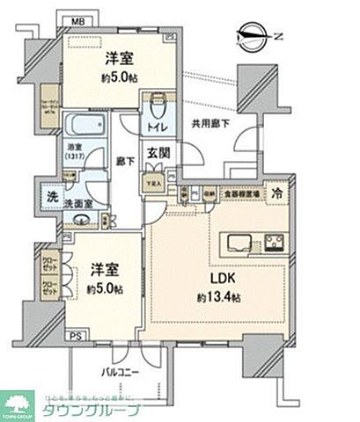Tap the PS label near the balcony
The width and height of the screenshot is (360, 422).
point(77,336)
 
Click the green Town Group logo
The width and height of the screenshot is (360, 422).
point(18,404)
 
